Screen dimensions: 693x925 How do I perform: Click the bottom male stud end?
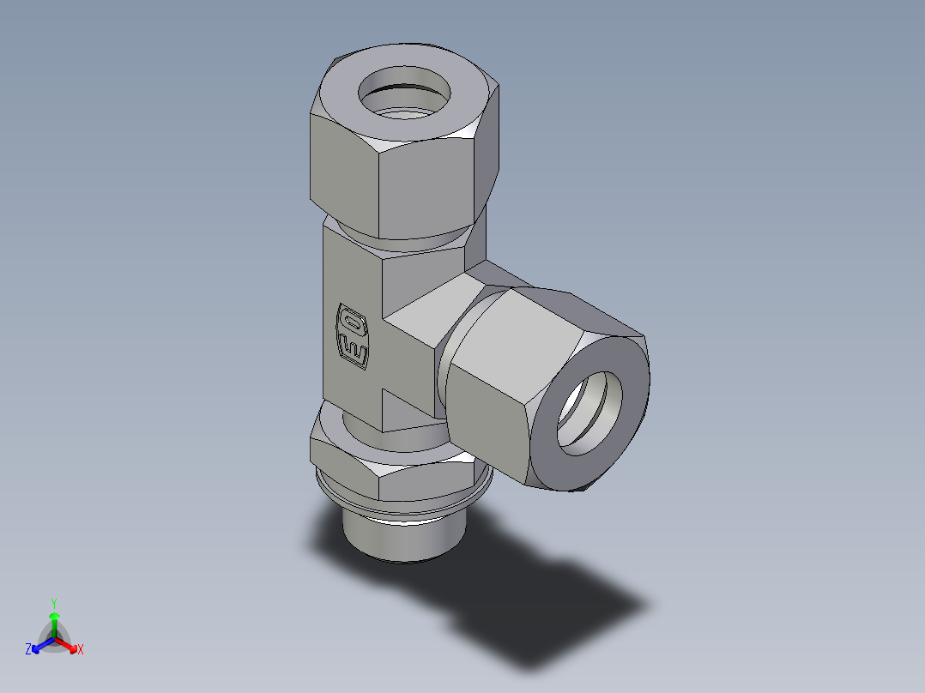tap(401, 536)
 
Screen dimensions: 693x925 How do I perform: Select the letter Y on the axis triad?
tap(54, 603)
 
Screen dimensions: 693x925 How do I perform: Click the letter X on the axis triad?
tap(81, 650)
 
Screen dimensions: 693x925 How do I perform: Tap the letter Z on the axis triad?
tap(28, 650)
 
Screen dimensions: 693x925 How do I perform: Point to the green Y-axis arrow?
tap(54, 621)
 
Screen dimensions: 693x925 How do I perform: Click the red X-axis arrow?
tap(68, 644)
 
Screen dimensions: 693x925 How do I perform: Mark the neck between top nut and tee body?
tap(403, 240)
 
